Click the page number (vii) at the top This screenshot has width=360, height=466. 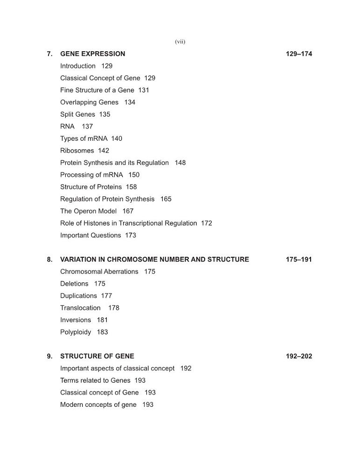pyautogui.click(x=180, y=41)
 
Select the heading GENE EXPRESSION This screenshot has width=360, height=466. pyautogui.click(x=92, y=54)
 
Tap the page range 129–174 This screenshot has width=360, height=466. pyautogui.click(x=298, y=54)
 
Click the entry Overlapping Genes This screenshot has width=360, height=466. pyautogui.click(x=89, y=103)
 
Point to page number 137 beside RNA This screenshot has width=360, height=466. pyautogui.click(x=87, y=127)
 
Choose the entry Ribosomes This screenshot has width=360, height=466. pyautogui.click(x=77, y=151)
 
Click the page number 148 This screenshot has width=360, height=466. pyautogui.click(x=180, y=163)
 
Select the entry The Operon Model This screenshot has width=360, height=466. pyautogui.click(x=88, y=212)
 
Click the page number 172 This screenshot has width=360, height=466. pyautogui.click(x=207, y=224)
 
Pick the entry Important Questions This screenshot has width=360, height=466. pyautogui.click(x=90, y=236)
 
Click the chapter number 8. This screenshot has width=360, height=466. pyautogui.click(x=49, y=260)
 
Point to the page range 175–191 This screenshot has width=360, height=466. pyautogui.click(x=298, y=260)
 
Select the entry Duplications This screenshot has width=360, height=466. pyautogui.click(x=78, y=296)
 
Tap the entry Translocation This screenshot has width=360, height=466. pyautogui.click(x=80, y=308)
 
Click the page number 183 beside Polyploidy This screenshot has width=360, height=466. pyautogui.click(x=102, y=332)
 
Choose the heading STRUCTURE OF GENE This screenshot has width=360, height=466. pyautogui.click(x=97, y=356)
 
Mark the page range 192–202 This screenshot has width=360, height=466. pyautogui.click(x=298, y=356)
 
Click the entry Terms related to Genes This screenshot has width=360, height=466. pyautogui.click(x=95, y=381)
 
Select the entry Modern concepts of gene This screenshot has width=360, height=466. pyautogui.click(x=98, y=405)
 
